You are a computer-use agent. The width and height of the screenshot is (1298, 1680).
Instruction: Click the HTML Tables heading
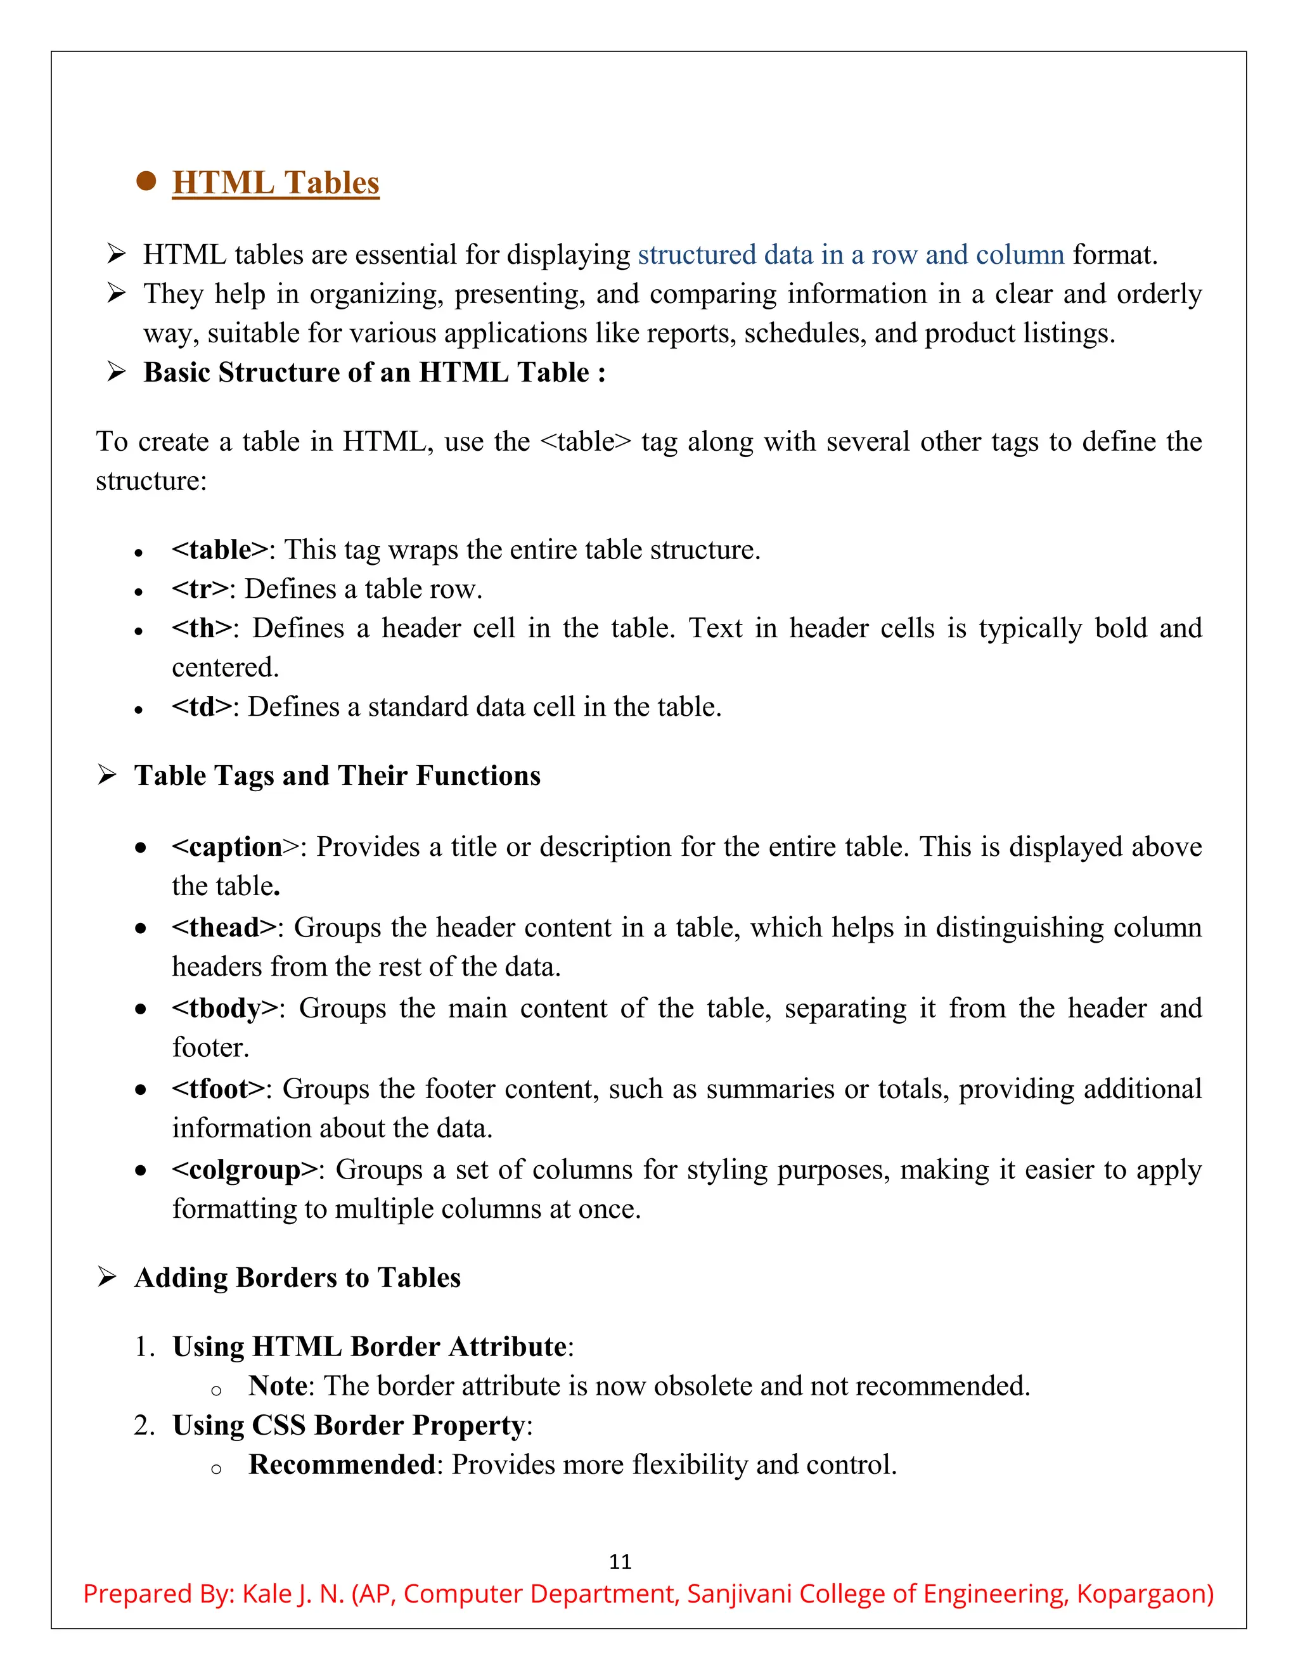[275, 183]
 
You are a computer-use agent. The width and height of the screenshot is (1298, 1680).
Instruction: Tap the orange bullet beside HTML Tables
[146, 181]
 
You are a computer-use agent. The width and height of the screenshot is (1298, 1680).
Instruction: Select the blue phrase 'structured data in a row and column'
[851, 255]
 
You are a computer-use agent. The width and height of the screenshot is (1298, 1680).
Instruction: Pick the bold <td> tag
[202, 707]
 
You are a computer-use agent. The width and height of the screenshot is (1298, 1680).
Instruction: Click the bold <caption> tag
[228, 847]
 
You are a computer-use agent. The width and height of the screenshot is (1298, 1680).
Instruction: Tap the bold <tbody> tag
[224, 1009]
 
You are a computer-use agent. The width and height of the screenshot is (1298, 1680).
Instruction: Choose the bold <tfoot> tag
[219, 1089]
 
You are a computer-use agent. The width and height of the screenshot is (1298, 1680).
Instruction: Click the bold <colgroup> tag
[245, 1170]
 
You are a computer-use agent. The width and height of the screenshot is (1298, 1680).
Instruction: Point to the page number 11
[620, 1561]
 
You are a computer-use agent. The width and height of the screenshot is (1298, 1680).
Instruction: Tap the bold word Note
[278, 1386]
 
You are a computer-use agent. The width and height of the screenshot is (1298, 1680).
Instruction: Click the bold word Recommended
[342, 1464]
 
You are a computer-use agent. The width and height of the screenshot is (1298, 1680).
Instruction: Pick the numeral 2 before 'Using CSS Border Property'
[143, 1425]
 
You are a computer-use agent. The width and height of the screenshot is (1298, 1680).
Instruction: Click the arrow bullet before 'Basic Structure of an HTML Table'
[116, 372]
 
